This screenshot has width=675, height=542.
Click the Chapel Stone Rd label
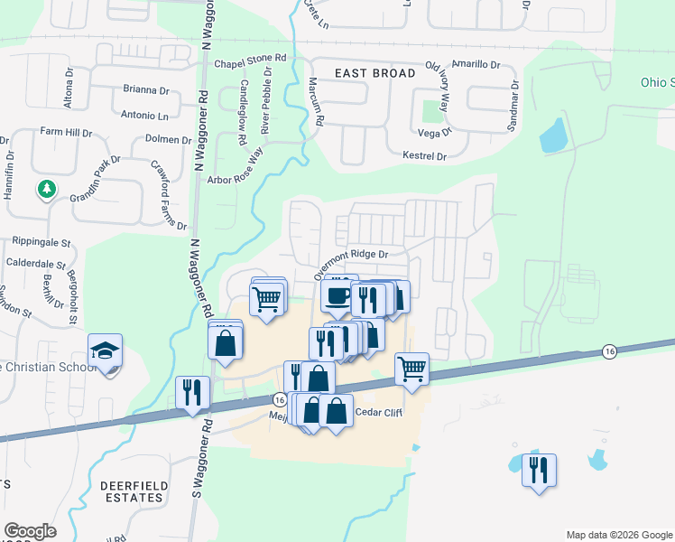click(250, 64)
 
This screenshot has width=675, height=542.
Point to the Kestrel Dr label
click(424, 156)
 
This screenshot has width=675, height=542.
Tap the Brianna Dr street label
click(145, 90)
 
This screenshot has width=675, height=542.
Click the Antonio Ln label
click(144, 116)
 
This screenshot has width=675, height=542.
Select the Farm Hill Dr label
click(66, 132)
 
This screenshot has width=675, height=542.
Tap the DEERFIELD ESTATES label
click(134, 491)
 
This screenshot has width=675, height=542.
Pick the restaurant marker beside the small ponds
click(540, 471)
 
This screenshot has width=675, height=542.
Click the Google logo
click(30, 531)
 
